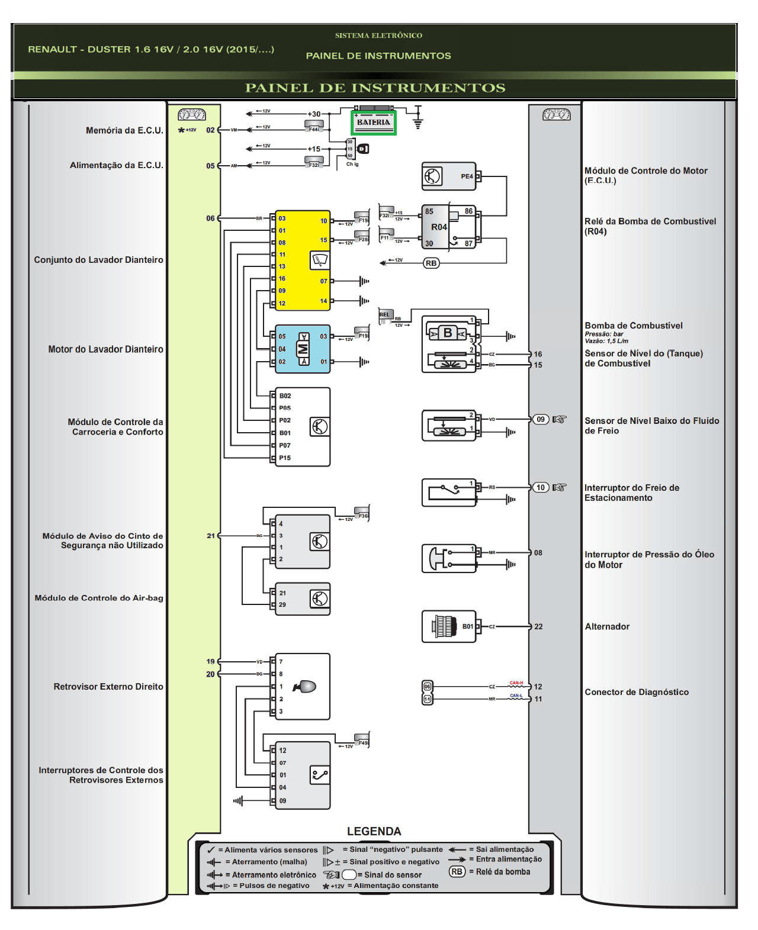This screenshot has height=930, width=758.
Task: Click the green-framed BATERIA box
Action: (x=373, y=123)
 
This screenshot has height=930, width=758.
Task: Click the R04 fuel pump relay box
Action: (x=448, y=227)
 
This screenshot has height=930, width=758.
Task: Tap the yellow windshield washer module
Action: (x=303, y=260)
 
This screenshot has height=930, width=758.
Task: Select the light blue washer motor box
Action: (x=303, y=349)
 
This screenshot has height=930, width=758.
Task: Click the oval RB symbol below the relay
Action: (x=431, y=263)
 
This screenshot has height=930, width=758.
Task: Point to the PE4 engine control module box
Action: (x=448, y=176)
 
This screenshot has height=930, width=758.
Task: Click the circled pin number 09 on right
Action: (x=540, y=419)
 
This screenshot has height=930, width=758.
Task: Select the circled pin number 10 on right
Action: (x=540, y=487)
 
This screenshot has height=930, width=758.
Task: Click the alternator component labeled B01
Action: (x=448, y=626)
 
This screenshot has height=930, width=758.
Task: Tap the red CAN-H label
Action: (x=516, y=683)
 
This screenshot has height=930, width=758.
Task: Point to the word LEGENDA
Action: (x=374, y=831)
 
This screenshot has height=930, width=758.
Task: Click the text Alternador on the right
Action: (x=607, y=626)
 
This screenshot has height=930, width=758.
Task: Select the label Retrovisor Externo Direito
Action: (x=108, y=687)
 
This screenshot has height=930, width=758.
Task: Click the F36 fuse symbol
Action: (x=362, y=513)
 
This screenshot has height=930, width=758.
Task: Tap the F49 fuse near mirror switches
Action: (x=362, y=740)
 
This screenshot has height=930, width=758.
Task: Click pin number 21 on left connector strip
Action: (x=211, y=535)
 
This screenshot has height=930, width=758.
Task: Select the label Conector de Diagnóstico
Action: (x=637, y=692)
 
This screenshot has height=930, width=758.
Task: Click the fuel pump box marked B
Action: (x=448, y=333)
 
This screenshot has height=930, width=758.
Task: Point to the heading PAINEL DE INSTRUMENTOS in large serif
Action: (x=375, y=88)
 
